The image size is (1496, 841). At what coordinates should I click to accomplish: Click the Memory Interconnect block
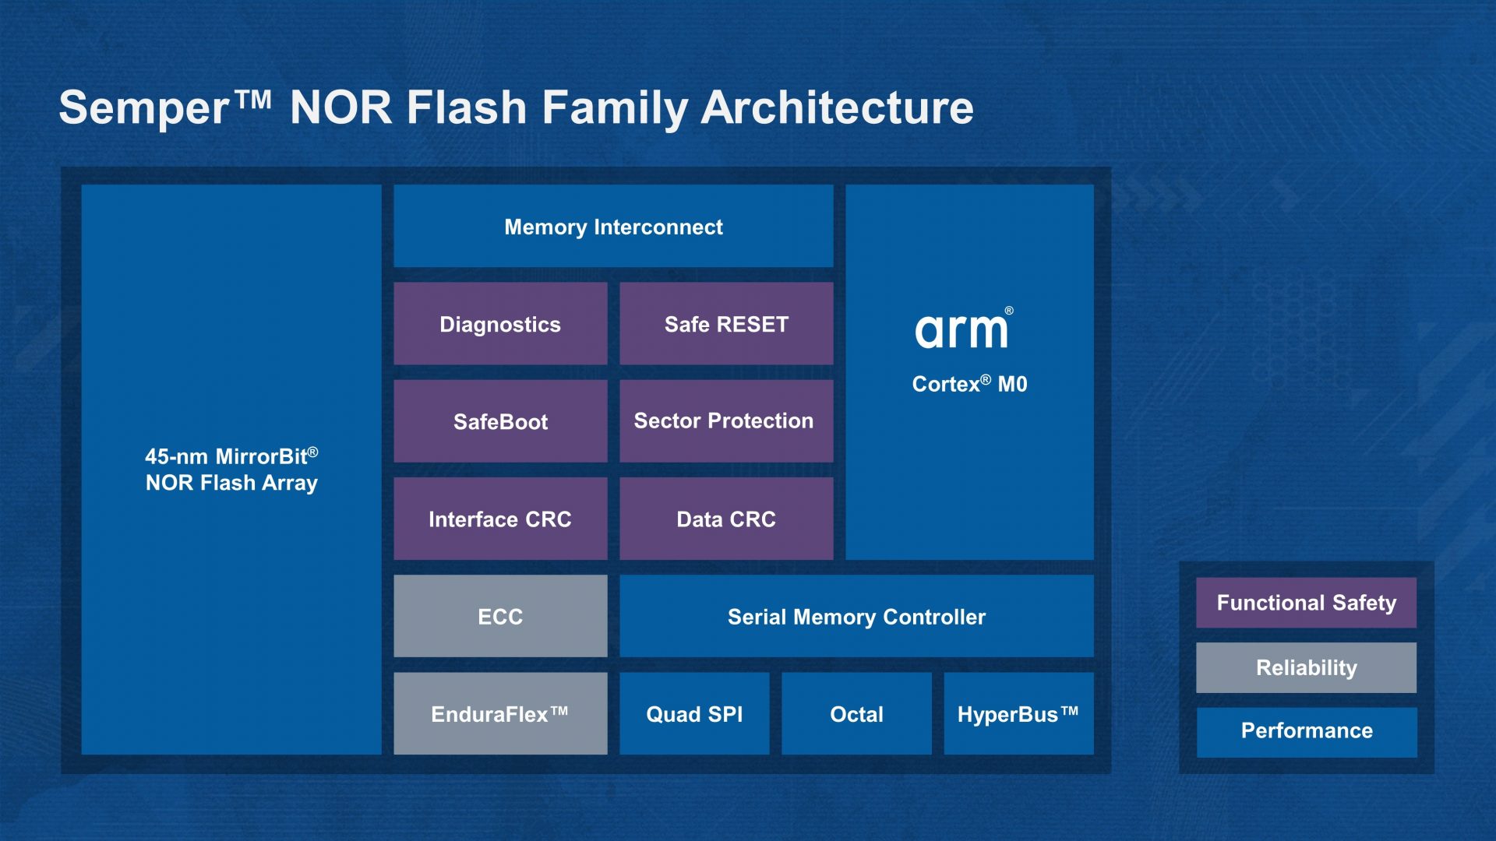pos(613,227)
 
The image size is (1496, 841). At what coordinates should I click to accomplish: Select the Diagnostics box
pos(500,324)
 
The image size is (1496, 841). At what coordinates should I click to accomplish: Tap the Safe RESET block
pos(726,324)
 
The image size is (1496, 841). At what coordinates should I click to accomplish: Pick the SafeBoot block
pos(500,421)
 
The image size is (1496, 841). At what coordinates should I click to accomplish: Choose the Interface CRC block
pos(500,519)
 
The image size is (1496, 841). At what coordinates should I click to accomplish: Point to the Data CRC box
pos(726,519)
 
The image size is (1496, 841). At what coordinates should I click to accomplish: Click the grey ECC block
pos(500,616)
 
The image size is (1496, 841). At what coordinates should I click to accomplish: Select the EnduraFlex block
pos(500,713)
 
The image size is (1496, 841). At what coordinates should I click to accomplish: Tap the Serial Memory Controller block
pos(856,616)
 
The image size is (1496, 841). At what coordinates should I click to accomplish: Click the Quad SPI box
pos(694,713)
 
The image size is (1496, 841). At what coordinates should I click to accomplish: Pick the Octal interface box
pos(856,713)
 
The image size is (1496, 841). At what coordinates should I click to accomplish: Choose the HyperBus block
pos(1018,713)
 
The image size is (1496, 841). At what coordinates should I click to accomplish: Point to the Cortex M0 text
pos(969,384)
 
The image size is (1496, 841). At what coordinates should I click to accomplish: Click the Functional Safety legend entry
pos(1306,603)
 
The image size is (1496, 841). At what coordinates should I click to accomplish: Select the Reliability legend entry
pos(1306,667)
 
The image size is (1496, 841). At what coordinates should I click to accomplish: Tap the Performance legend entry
pos(1306,731)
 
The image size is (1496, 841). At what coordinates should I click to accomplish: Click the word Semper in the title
pos(144,107)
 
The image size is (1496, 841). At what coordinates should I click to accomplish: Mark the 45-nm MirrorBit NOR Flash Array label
pos(231,470)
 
